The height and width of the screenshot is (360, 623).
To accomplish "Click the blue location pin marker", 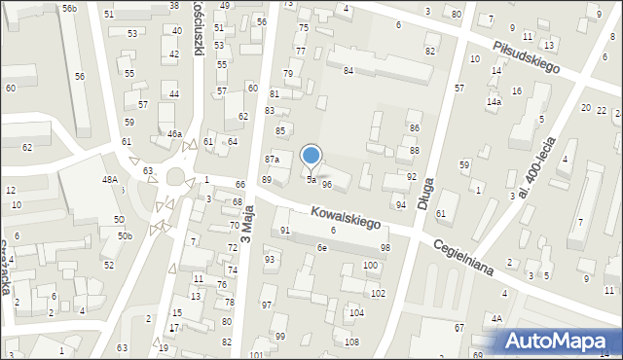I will (x=311, y=156).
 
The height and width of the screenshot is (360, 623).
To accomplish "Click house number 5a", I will (x=311, y=180).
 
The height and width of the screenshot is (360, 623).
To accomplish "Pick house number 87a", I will (x=273, y=159).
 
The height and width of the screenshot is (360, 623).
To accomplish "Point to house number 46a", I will (x=174, y=133).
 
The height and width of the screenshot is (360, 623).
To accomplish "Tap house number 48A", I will (x=110, y=179).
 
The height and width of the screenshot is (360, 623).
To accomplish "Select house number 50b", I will (x=125, y=235).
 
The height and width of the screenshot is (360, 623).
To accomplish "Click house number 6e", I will (x=321, y=248).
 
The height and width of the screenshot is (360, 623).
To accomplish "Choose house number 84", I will (x=348, y=70).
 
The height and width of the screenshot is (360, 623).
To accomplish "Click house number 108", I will (x=351, y=342).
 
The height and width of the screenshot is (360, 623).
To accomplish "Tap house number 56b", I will (x=69, y=8).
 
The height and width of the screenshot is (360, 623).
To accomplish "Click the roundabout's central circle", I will (x=176, y=177).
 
